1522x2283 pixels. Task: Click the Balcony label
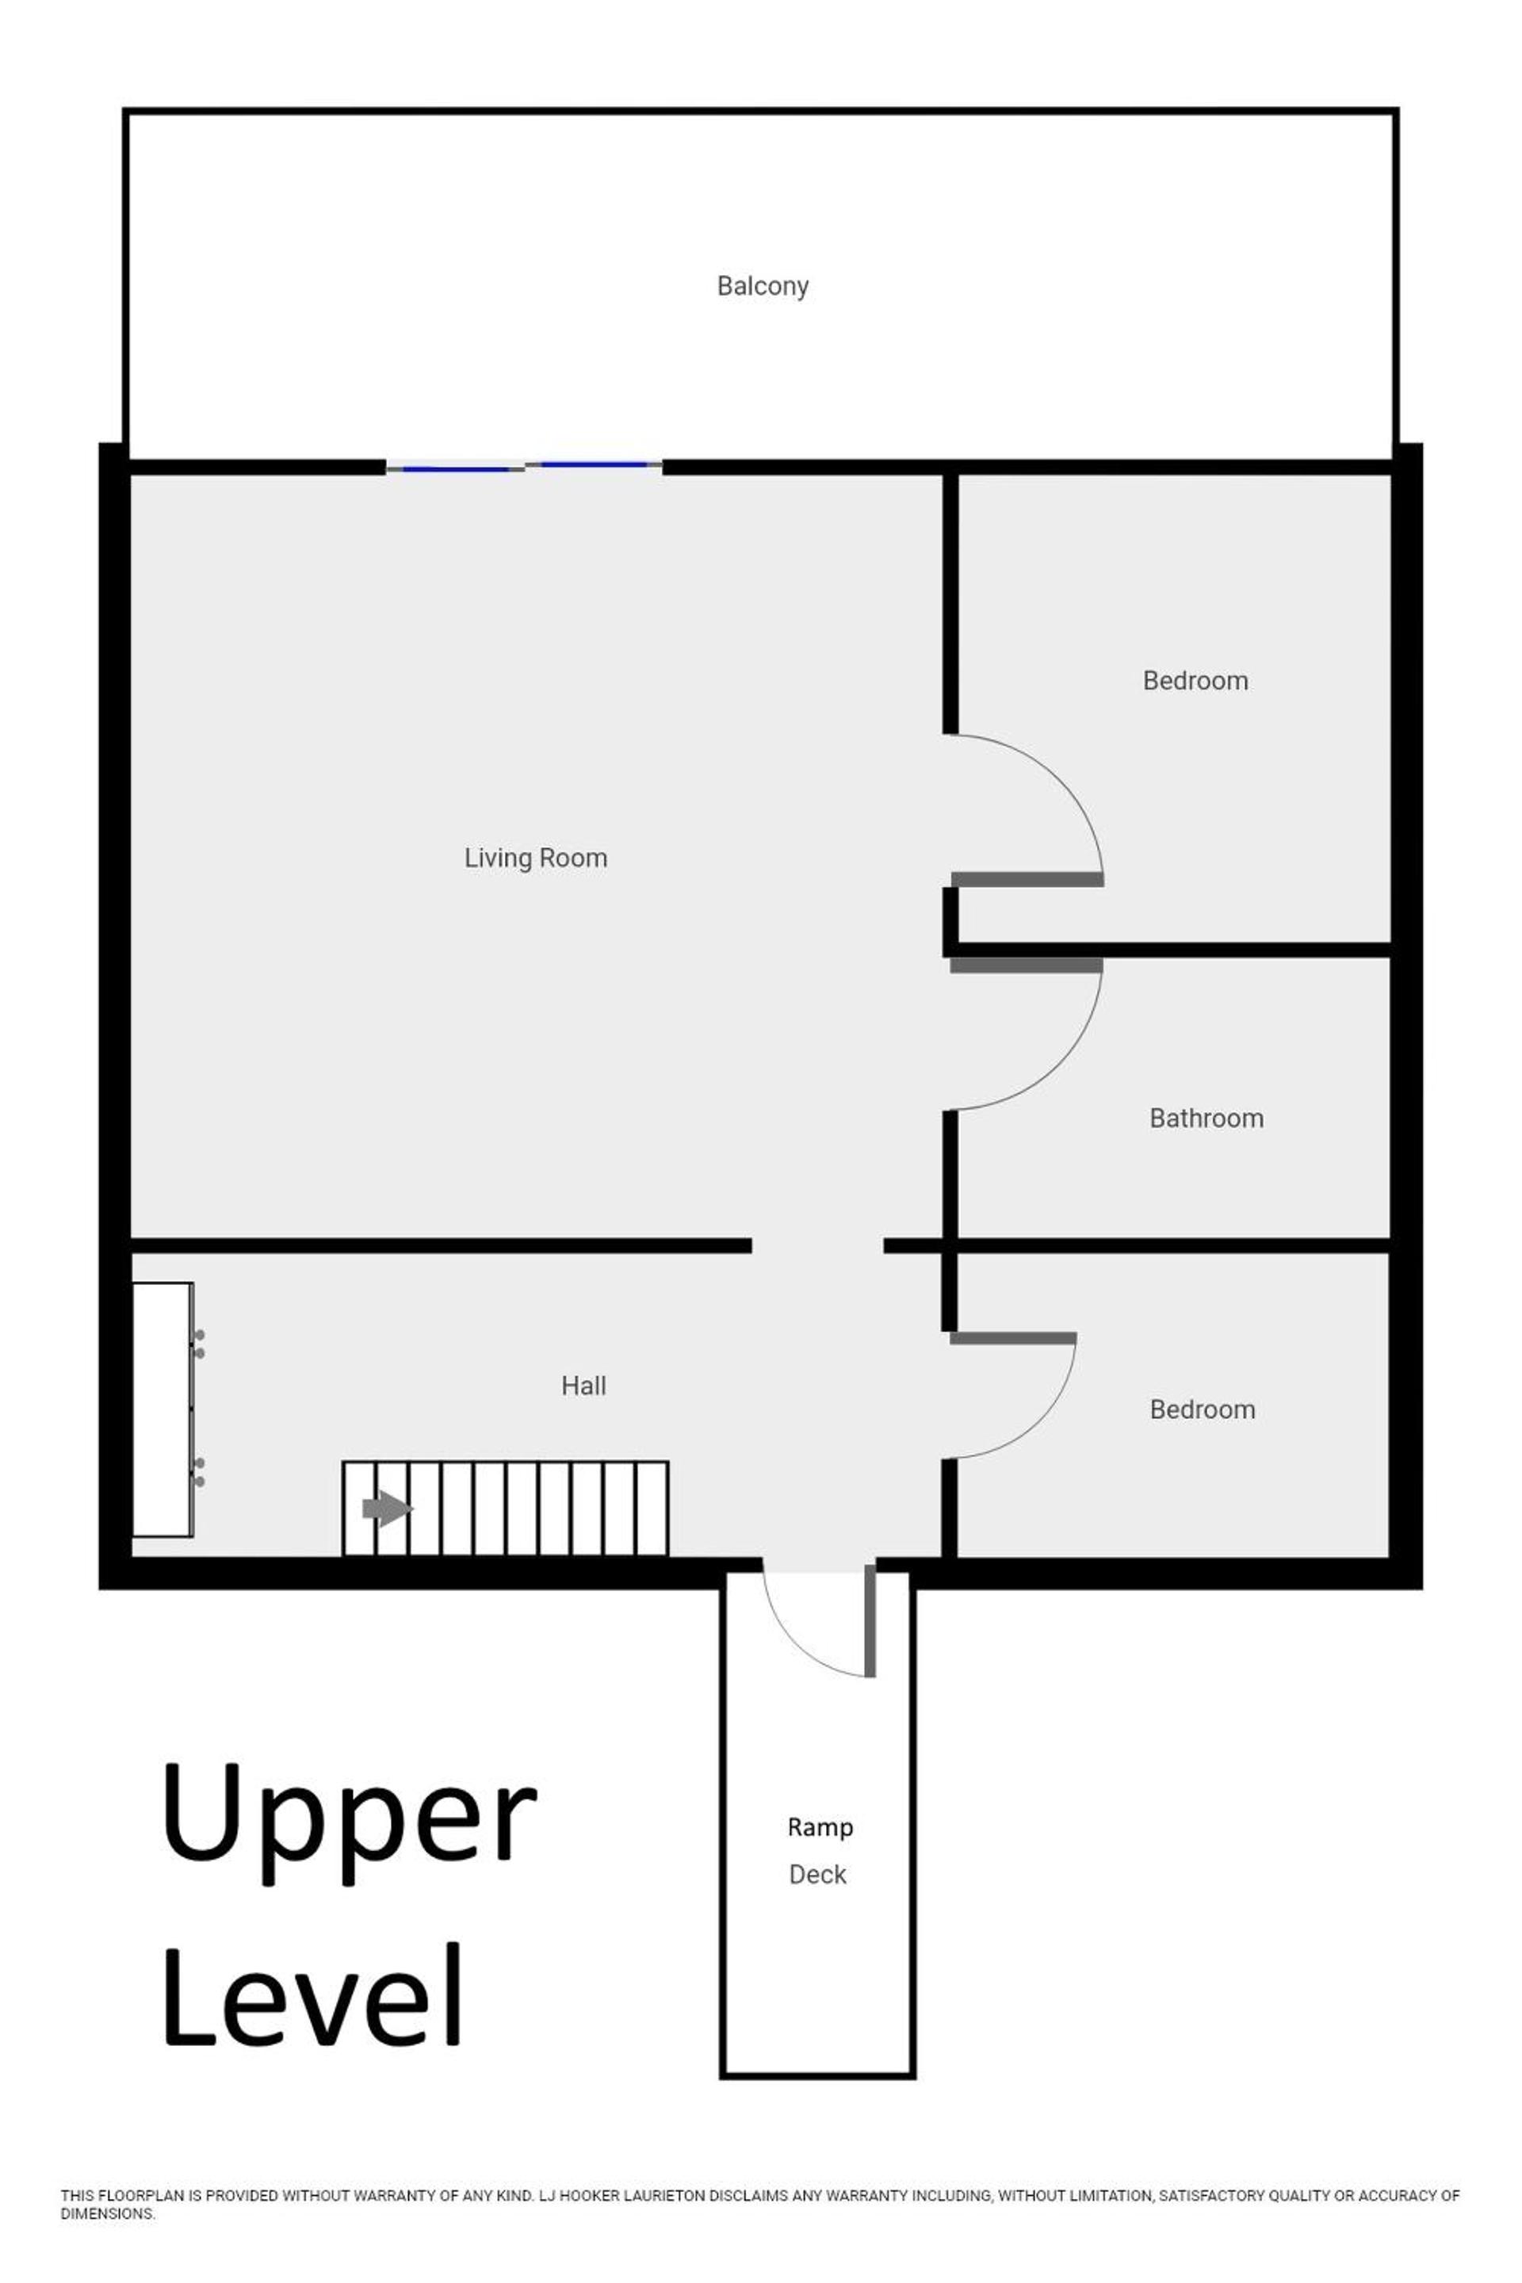click(x=762, y=286)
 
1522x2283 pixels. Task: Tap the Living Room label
click(x=536, y=858)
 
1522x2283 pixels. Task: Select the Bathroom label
click(x=1207, y=1119)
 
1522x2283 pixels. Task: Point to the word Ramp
click(x=820, y=1828)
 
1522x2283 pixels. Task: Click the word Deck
click(x=817, y=1874)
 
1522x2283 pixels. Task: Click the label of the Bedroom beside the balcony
click(x=1195, y=680)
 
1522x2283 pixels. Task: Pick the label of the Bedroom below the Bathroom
click(x=1203, y=1409)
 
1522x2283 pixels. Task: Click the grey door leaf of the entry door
click(x=870, y=1621)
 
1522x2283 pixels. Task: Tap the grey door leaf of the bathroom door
click(x=1026, y=966)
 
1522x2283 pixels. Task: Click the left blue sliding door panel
click(x=457, y=468)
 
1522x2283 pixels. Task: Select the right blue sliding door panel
click(x=594, y=465)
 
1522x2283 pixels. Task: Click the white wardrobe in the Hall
click(x=162, y=1409)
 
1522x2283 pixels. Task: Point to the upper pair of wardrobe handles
click(x=199, y=1344)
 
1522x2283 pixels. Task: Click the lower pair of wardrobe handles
click(x=199, y=1473)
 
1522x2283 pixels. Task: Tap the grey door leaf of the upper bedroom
click(x=1027, y=879)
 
